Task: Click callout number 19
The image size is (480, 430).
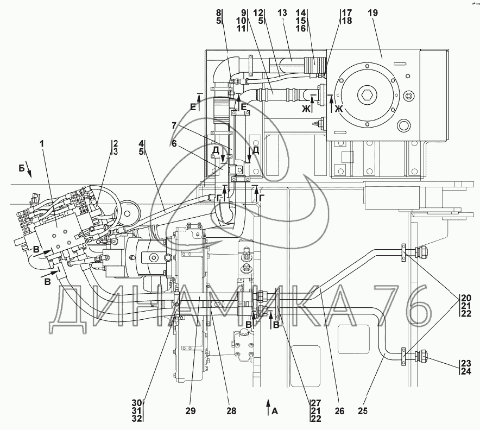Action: point(373,13)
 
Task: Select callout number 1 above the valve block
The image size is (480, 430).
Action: point(42,143)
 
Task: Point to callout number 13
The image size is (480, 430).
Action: point(282,13)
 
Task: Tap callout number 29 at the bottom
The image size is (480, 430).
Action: point(190,411)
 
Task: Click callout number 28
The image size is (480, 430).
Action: point(231,411)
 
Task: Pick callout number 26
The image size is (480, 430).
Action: point(339,411)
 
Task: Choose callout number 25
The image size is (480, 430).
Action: point(362,411)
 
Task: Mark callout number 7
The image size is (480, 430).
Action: point(174,126)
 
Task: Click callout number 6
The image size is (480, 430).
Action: point(174,143)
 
